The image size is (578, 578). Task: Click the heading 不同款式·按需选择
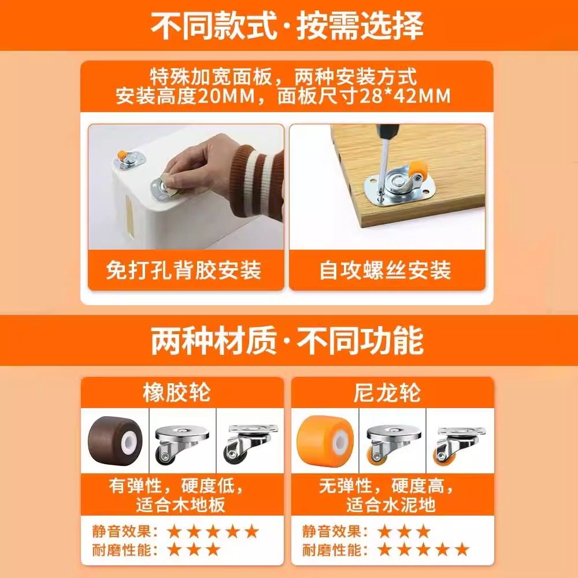(287, 25)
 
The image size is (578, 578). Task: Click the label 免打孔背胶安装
(184, 270)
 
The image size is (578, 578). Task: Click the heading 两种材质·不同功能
(287, 340)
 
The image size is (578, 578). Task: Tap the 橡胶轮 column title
(176, 393)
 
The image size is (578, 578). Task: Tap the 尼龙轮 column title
(387, 393)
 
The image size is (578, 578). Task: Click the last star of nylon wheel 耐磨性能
(461, 549)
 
